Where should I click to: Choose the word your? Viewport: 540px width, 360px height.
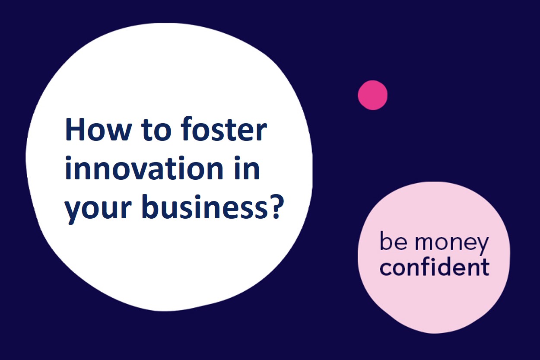98,209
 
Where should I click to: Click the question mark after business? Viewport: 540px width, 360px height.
275,206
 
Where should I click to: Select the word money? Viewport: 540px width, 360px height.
452,243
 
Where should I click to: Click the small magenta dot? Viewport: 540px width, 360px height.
372,95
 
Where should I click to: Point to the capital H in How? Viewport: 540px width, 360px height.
75,129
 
